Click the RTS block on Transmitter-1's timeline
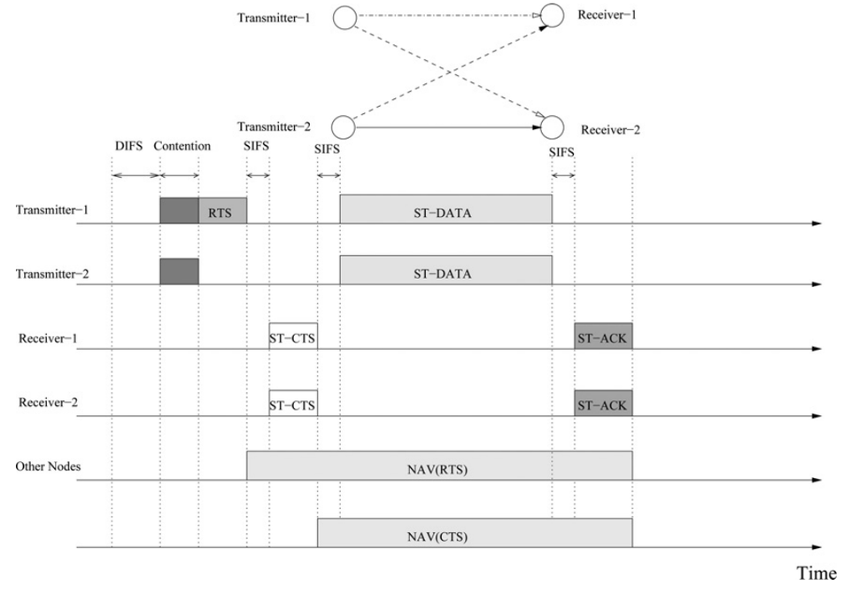222,211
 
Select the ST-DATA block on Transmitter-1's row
445,210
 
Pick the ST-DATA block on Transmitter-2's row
445,270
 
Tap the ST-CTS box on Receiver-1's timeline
293,336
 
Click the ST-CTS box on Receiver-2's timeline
293,403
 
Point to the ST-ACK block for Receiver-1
603,336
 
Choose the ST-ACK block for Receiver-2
603,403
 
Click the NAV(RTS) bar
439,466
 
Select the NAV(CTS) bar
475,533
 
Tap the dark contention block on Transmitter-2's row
179,271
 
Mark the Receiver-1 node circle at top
552,15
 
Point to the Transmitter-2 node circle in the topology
344,127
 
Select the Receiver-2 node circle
552,127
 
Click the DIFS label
129,145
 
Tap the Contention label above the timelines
182,145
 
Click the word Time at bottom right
815,574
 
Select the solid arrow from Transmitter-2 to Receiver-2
447,127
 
